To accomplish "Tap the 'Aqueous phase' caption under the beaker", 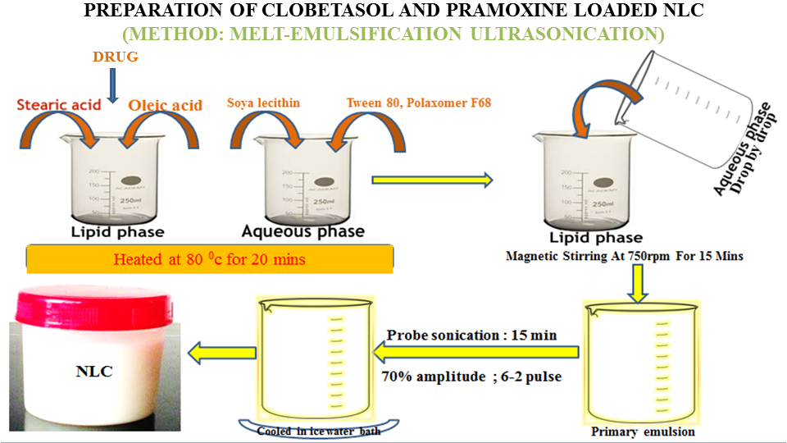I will pos(303,231).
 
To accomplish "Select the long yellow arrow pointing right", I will pos(431,180).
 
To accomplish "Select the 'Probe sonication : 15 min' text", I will pos(472,335).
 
